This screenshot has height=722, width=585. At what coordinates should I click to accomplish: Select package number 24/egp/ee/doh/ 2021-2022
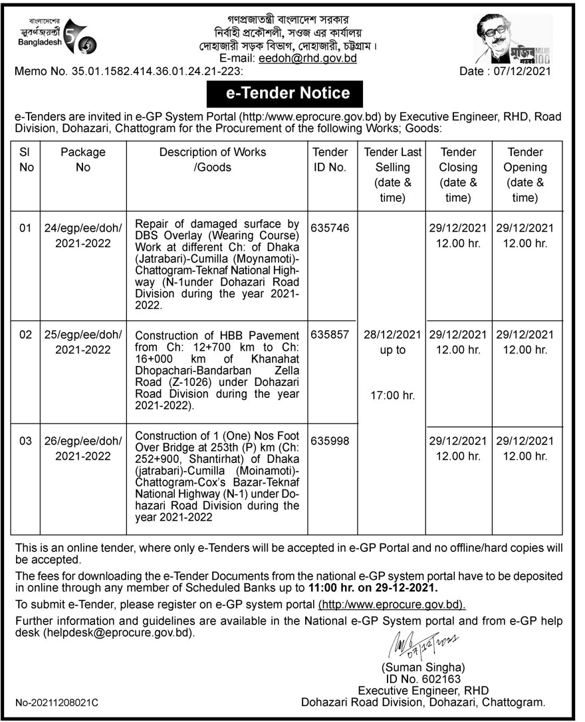83,236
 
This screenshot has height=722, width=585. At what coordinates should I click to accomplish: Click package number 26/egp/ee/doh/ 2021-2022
83,448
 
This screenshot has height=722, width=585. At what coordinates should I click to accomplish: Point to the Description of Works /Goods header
212,159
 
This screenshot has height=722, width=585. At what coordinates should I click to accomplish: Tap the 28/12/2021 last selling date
392,335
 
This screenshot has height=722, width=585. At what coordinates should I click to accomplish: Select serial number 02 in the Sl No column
26,335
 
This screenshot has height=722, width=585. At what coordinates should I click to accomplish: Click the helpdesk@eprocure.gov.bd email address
120,633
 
